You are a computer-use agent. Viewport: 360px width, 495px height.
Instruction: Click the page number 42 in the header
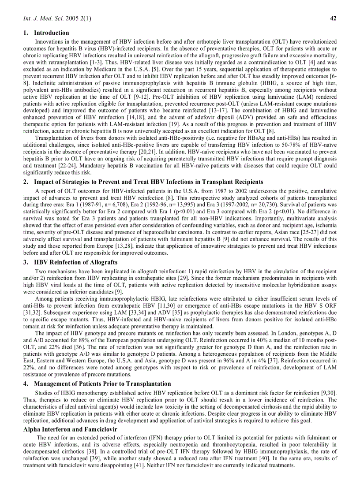pyautogui.click(x=333, y=19)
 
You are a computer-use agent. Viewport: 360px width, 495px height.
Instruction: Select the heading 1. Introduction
pyautogui.click(x=46, y=33)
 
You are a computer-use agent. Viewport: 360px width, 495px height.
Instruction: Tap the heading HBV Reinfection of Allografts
pyautogui.click(x=76, y=262)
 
